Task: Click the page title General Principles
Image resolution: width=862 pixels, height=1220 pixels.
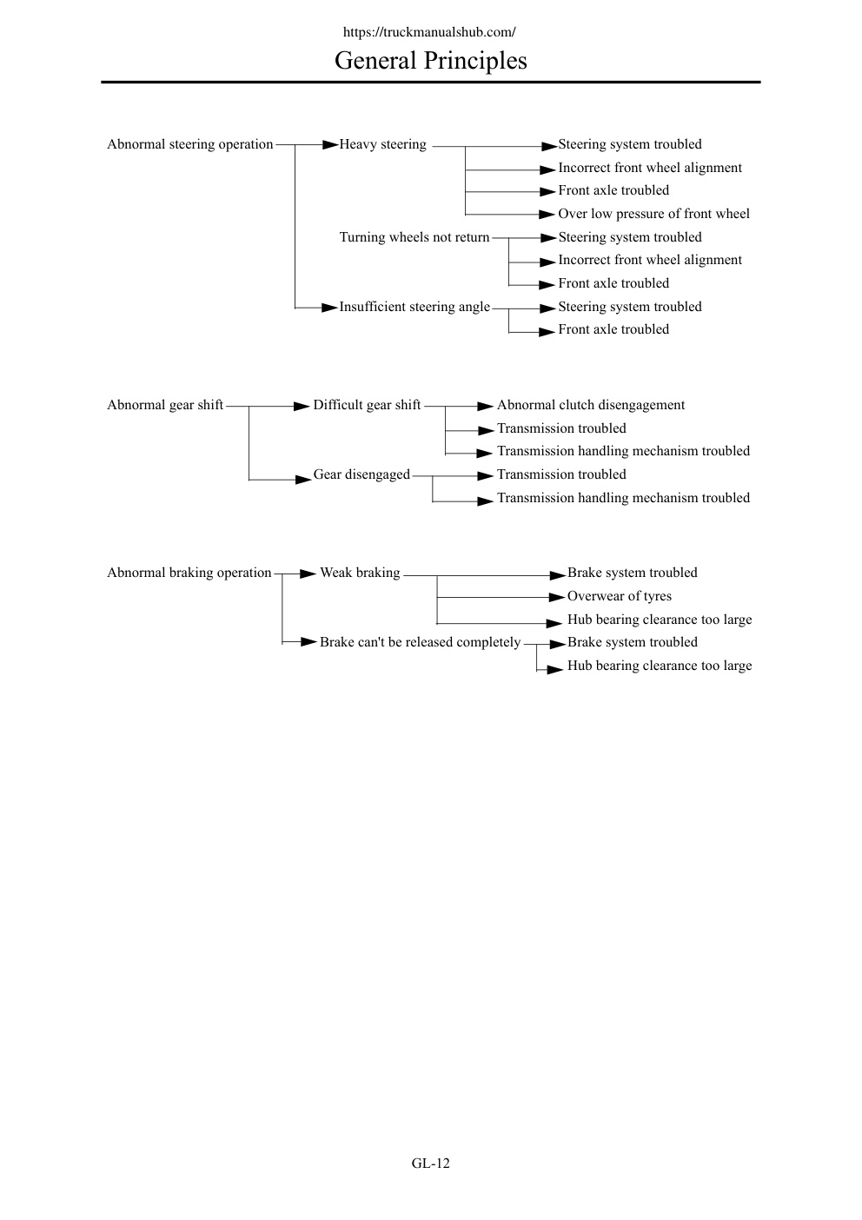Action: click(430, 61)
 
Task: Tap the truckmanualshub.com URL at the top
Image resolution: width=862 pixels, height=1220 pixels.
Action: click(429, 32)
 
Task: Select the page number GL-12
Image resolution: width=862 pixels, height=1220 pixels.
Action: click(431, 1164)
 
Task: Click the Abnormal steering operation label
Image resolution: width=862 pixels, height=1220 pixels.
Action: click(189, 144)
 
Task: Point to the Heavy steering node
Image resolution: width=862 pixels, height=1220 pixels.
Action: click(383, 144)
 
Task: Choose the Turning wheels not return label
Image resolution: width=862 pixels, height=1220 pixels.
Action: click(414, 237)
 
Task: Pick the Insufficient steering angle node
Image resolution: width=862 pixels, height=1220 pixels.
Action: click(414, 307)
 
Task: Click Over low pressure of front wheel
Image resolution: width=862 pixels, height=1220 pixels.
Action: click(653, 214)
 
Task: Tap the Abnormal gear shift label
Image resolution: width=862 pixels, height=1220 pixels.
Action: click(165, 405)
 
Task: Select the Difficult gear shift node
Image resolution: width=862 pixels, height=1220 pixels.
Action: click(367, 405)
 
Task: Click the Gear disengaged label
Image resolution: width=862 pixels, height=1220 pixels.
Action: click(361, 474)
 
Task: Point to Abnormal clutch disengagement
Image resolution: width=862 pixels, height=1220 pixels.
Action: click(590, 405)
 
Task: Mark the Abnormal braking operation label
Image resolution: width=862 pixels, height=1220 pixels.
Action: click(189, 573)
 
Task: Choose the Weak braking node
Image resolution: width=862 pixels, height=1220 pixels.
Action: click(360, 573)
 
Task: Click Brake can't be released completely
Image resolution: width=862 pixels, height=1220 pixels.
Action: click(420, 642)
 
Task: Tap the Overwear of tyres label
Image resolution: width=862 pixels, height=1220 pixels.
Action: click(620, 596)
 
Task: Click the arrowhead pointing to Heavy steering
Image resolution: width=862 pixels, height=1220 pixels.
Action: click(330, 145)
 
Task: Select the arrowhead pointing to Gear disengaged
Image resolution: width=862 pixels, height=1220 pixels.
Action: click(303, 480)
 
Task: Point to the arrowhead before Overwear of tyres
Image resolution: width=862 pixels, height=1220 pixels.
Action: click(557, 598)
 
